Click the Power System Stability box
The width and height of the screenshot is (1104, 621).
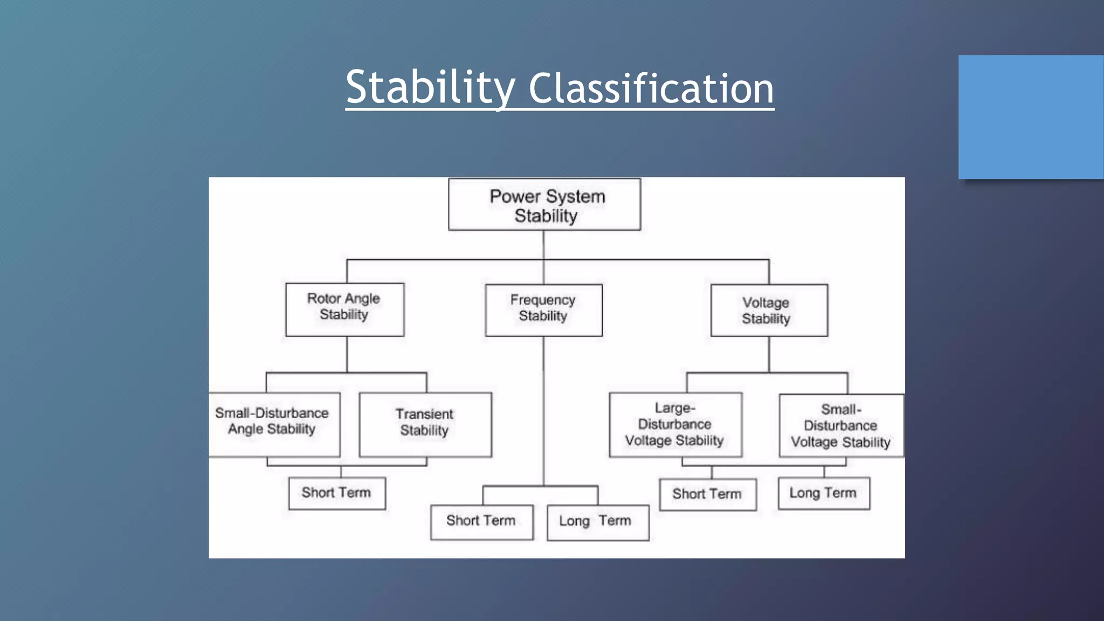[x=544, y=205]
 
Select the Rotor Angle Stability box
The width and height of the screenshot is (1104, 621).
[x=344, y=309]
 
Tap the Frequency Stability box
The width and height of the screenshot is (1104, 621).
[x=543, y=310]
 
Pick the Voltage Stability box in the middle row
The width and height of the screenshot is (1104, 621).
[x=769, y=310]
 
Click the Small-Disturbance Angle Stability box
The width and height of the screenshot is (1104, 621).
[x=273, y=424]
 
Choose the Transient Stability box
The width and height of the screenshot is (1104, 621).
[x=425, y=424]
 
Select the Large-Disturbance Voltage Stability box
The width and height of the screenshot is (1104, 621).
[x=675, y=424]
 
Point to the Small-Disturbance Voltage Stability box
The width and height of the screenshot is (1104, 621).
[x=841, y=425]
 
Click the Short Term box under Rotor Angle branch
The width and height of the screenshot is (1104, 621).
[x=337, y=493]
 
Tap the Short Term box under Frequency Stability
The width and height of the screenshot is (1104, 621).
[x=481, y=522]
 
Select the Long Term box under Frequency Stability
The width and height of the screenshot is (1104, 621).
[x=597, y=522]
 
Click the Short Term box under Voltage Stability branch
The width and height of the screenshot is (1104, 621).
[x=707, y=494]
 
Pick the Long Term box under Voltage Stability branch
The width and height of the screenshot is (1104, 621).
[x=823, y=493]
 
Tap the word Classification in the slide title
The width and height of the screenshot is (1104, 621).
[x=651, y=89]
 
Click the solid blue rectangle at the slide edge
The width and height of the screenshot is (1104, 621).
[x=1031, y=116]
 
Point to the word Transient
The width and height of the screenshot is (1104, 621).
[x=424, y=414]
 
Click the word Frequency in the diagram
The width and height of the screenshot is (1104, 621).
[x=543, y=300]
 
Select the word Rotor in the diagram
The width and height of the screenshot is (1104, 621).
[x=324, y=298]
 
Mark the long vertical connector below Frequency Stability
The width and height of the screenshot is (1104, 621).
[x=543, y=410]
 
